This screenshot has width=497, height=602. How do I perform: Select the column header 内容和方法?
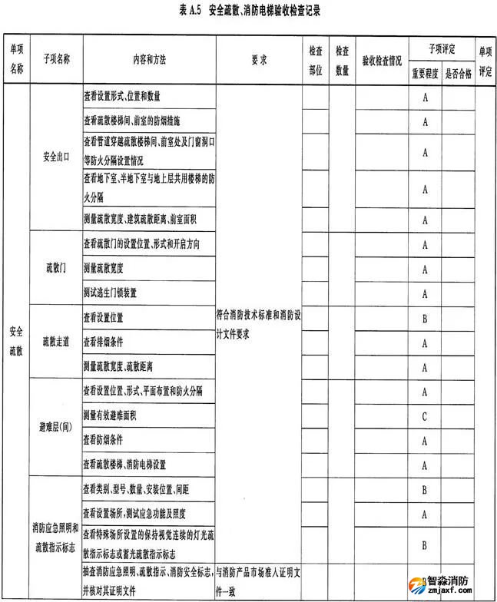click(x=149, y=60)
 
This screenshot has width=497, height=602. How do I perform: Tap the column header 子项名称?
click(x=56, y=60)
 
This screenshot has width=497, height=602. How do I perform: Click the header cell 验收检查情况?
click(x=382, y=60)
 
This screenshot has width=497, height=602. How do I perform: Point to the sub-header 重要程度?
click(x=424, y=73)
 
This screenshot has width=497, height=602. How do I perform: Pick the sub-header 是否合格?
click(x=459, y=73)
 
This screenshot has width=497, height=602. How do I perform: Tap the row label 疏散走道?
click(x=56, y=342)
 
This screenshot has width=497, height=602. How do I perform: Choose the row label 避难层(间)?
click(x=56, y=428)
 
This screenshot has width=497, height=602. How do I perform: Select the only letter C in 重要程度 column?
click(x=424, y=415)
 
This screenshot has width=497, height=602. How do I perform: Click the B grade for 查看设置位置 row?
click(x=424, y=317)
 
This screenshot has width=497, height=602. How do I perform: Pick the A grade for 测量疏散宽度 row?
click(x=424, y=268)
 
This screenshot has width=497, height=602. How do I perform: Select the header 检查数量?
click(x=342, y=60)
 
